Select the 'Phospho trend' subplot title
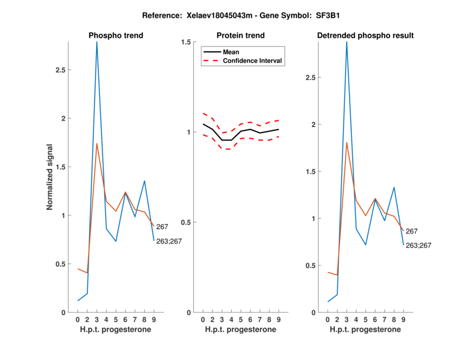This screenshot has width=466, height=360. (x=116, y=36)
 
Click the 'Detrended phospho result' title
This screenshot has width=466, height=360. (x=365, y=36)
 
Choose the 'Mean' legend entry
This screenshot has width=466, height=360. (x=231, y=52)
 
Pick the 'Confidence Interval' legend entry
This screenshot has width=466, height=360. (x=253, y=61)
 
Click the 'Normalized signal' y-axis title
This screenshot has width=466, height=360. (x=51, y=177)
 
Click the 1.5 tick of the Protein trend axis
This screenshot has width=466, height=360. (x=186, y=43)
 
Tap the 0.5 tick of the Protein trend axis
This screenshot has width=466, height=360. (x=186, y=223)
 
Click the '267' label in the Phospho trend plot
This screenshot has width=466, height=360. (x=162, y=227)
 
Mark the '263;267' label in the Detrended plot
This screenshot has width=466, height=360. (x=418, y=246)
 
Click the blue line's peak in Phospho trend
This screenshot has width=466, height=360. (x=97, y=43)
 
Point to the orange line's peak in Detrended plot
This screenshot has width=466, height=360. (x=347, y=143)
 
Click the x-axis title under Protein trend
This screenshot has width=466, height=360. (x=240, y=330)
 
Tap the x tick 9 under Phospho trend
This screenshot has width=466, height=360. (x=154, y=320)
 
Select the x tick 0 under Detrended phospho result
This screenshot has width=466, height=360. (x=328, y=320)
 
